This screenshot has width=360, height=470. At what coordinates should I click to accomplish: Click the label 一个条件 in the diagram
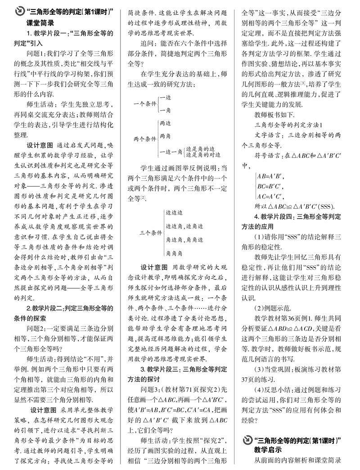pos(144,103)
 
